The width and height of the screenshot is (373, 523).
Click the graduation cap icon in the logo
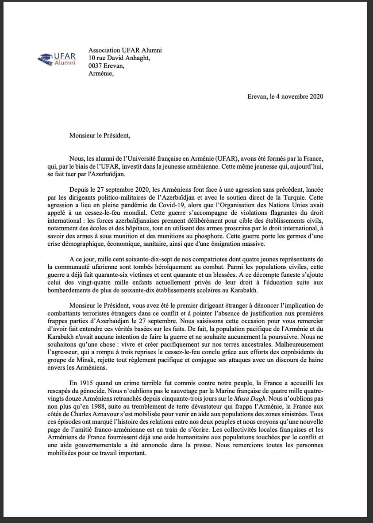coord(45,58)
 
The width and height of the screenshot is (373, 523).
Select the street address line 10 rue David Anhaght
coord(119,58)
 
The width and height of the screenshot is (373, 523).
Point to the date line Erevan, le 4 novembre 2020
coord(285,96)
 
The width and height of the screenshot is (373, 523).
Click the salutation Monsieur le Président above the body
coord(100,135)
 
